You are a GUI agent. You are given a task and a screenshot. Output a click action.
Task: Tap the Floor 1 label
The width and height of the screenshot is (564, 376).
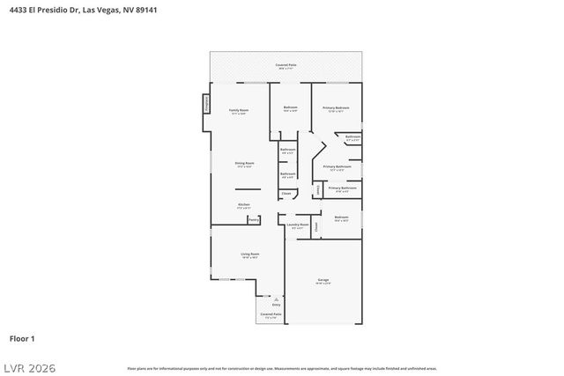click(22, 338)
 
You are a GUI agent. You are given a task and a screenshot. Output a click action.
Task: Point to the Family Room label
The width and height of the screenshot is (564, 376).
click(238, 110)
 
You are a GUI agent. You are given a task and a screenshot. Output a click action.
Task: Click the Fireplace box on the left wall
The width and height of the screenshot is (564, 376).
click(207, 105)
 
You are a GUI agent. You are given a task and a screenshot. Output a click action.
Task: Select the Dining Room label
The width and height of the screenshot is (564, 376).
click(244, 163)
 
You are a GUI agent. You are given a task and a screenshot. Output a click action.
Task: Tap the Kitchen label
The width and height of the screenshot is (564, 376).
click(243, 205)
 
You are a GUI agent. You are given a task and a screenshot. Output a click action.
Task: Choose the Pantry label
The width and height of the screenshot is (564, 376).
click(253, 220)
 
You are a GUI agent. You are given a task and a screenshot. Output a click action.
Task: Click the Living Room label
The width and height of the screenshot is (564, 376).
click(250, 254)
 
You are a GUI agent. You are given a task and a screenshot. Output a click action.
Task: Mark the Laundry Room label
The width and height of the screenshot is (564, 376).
click(298, 225)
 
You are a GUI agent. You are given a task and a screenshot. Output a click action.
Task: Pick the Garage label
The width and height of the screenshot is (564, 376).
click(323, 279)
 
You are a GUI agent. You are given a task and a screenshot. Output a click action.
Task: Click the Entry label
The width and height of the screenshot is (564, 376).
click(276, 304)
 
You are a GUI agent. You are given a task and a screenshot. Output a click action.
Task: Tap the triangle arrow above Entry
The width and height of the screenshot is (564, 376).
click(276, 299)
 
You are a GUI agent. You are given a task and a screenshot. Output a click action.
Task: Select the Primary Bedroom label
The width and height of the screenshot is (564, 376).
click(338, 107)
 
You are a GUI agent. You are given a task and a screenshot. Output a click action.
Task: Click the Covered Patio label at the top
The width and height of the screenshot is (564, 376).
click(286, 64)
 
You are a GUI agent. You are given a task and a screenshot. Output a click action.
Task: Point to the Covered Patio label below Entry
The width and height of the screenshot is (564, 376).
click(271, 314)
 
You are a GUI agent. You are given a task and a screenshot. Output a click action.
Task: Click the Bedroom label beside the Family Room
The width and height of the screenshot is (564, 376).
click(290, 107)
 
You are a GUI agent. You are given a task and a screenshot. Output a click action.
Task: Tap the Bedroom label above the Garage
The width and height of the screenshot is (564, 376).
click(341, 217)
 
